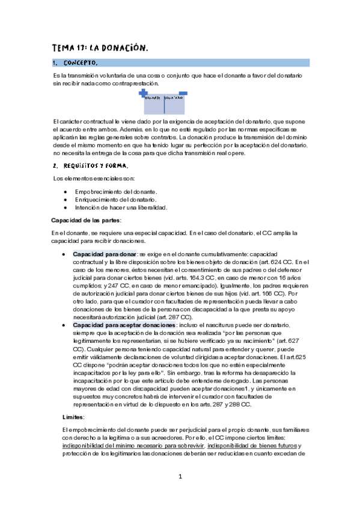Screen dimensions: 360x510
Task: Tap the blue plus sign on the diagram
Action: (143, 93)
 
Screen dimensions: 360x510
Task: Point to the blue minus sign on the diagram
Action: (183, 93)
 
